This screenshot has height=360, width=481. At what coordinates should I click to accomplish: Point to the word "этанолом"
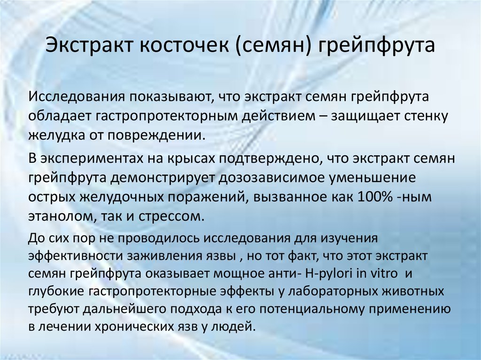click(x=56, y=217)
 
